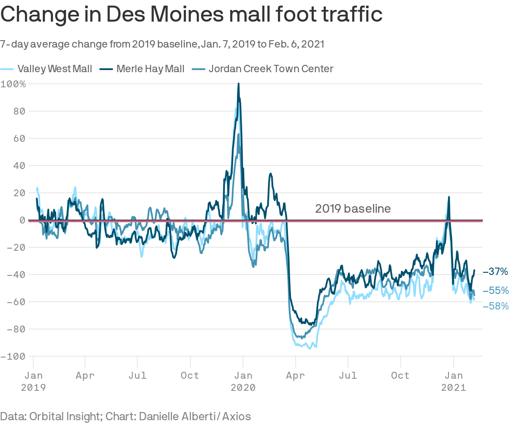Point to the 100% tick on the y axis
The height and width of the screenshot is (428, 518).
(13, 84)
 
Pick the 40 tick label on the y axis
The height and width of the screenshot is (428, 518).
(19, 166)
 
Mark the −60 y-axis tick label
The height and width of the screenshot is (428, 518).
(16, 302)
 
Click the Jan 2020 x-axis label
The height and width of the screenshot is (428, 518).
(243, 381)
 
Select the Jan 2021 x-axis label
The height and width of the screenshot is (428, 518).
(454, 381)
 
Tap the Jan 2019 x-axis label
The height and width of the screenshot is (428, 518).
(33, 381)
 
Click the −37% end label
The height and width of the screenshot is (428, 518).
(496, 272)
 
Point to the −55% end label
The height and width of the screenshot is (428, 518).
(496, 291)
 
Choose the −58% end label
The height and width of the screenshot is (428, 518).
(496, 306)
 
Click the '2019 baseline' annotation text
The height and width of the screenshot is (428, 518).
(353, 209)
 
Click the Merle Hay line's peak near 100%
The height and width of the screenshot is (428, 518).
(238, 84)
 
